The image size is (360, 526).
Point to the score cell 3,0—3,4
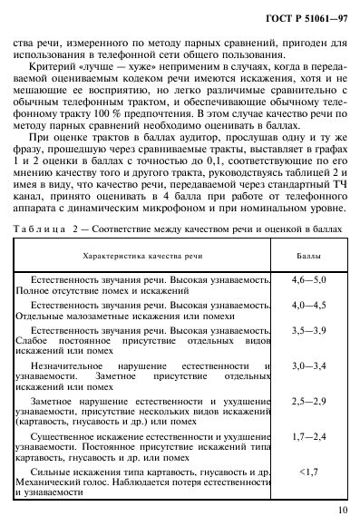point(308,389)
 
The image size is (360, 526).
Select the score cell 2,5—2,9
point(308,424)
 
